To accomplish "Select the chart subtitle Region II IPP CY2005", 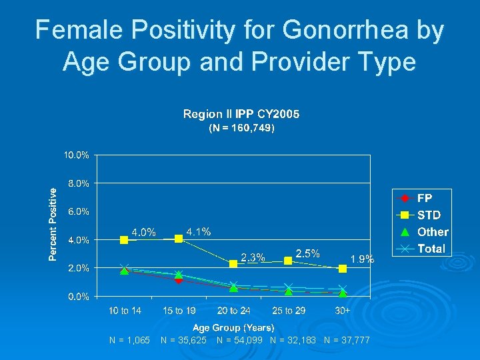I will (x=241, y=114).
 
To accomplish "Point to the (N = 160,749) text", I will (x=241, y=127).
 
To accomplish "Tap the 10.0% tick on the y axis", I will (x=77, y=155).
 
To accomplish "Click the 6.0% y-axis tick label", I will (x=78, y=211).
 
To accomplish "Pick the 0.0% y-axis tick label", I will (x=78, y=296).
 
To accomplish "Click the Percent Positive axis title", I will (x=53, y=223).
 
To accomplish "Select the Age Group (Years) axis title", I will (x=233, y=327).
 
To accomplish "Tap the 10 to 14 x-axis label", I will (x=125, y=311).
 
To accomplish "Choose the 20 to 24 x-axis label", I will (x=234, y=311).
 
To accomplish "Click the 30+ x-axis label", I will (x=343, y=311).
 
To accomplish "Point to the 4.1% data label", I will (x=199, y=232).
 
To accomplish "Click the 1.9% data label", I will (x=362, y=259).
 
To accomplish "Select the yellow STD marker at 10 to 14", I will (x=125, y=240).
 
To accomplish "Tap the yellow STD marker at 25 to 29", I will (x=288, y=261).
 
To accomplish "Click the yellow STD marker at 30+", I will (x=343, y=269).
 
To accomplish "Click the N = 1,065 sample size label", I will (x=129, y=341).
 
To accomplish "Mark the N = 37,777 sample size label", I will (x=347, y=341).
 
